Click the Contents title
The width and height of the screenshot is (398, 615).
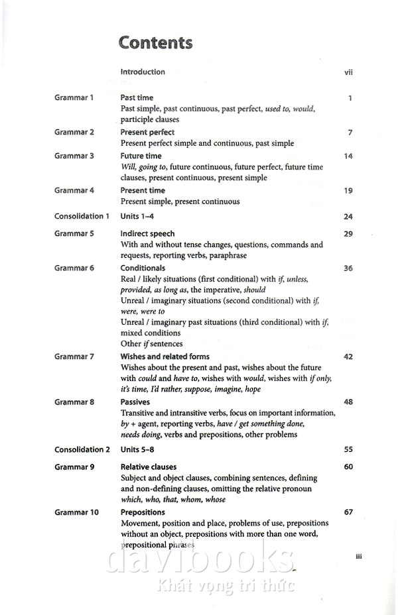click(155, 43)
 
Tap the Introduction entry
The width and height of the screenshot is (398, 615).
click(143, 72)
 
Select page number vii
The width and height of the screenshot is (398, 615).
click(348, 72)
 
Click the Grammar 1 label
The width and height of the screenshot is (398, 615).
click(74, 97)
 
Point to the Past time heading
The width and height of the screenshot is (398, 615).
click(137, 97)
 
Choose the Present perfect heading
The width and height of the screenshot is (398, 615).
click(147, 132)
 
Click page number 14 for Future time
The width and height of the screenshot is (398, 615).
click(348, 156)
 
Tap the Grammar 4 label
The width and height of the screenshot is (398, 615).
click(74, 190)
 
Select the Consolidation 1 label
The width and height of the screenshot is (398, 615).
click(82, 216)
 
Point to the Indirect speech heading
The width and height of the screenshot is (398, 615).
click(147, 233)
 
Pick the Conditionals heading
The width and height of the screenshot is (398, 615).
click(143, 268)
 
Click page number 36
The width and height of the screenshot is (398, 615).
click(348, 268)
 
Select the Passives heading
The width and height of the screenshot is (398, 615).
click(135, 402)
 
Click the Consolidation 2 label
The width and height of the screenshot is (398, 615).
click(82, 449)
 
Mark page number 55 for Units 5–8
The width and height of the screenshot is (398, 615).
click(348, 449)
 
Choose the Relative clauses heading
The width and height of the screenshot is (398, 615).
click(149, 467)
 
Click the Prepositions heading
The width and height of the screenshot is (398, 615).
click(143, 512)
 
